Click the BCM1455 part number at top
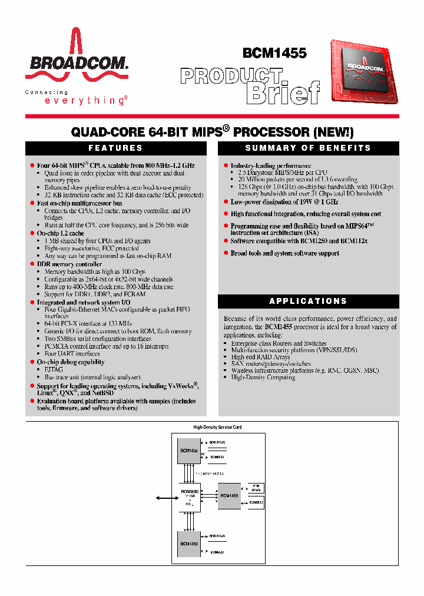274,53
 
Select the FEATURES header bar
115,148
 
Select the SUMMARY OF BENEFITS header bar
308,148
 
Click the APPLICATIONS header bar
308,301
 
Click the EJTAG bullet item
54,370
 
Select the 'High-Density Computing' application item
263,378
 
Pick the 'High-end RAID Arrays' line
260,357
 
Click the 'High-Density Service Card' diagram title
218,427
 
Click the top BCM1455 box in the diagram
189,451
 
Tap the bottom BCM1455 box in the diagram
189,544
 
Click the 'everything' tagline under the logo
85,101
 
